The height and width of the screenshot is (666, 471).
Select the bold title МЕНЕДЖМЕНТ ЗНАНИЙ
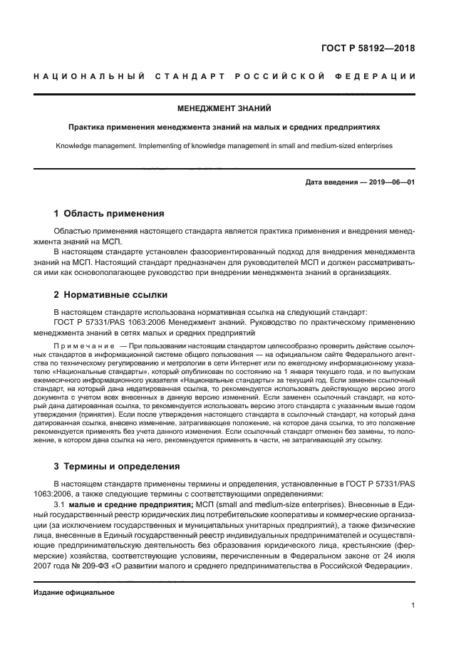tap(224, 109)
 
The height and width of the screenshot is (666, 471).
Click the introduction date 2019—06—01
tap(391, 182)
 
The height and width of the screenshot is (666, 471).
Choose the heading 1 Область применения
tap(109, 214)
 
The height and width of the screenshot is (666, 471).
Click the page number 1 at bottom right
tap(413, 605)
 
